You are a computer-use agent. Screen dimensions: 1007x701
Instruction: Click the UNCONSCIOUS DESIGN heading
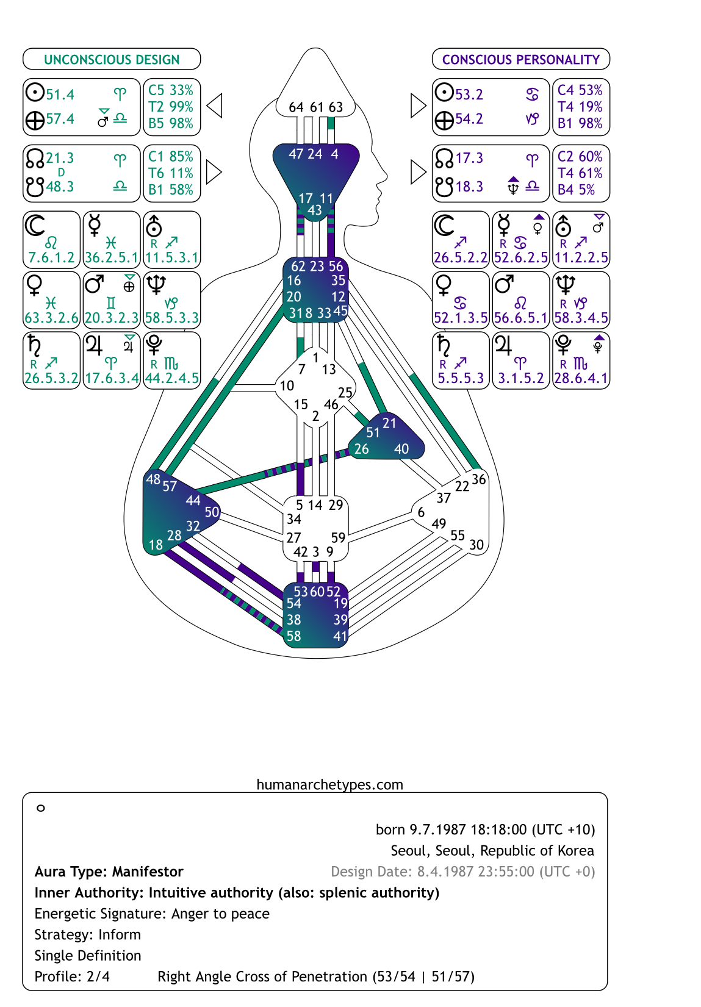click(x=112, y=59)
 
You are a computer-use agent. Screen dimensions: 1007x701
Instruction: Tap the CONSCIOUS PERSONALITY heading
click(x=520, y=59)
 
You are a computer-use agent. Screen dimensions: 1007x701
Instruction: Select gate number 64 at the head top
click(x=296, y=107)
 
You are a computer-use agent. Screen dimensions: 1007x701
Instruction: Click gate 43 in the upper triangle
click(x=314, y=210)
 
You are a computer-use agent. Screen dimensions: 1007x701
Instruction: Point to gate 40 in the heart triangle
click(x=401, y=449)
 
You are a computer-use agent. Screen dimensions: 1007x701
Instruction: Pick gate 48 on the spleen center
click(x=153, y=479)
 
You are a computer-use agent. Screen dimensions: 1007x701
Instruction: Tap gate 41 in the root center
click(x=340, y=636)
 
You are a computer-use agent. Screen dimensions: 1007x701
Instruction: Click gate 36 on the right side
click(x=479, y=479)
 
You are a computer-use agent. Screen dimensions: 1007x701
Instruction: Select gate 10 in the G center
click(x=287, y=385)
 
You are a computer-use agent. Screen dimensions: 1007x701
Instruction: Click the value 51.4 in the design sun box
click(x=60, y=95)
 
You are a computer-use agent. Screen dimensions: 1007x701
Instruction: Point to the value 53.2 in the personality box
click(x=469, y=95)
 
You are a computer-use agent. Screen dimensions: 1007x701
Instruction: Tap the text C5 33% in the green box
click(x=171, y=90)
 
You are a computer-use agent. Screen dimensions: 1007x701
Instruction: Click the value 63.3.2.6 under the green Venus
click(x=52, y=318)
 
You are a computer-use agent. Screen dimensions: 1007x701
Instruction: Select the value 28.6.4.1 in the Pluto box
click(x=581, y=378)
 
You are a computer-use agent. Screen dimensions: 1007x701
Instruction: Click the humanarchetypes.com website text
click(x=329, y=784)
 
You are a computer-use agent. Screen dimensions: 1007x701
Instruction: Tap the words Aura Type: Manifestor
click(x=109, y=872)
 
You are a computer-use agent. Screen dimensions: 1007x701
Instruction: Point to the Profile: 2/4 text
click(x=72, y=977)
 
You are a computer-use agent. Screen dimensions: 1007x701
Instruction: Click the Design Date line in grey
click(x=462, y=872)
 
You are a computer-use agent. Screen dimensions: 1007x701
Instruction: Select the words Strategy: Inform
click(x=87, y=934)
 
